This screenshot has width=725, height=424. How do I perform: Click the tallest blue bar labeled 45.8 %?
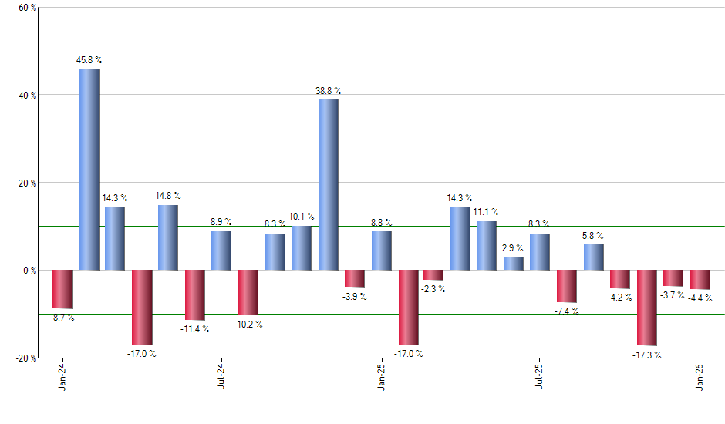pyautogui.click(x=89, y=170)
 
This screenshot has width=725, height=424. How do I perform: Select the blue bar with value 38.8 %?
pyautogui.click(x=329, y=185)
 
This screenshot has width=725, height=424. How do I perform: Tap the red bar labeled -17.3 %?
pyautogui.click(x=647, y=308)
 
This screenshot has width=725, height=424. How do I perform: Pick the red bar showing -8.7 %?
pyautogui.click(x=62, y=289)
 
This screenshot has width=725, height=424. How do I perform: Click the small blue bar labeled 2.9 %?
pyautogui.click(x=514, y=264)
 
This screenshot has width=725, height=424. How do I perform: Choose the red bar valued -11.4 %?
pyautogui.click(x=195, y=295)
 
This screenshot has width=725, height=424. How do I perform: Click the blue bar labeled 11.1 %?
pyautogui.click(x=487, y=246)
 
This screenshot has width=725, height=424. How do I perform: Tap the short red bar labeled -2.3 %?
pyautogui.click(x=433, y=275)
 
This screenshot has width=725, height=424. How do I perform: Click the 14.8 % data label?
pyautogui.click(x=168, y=196)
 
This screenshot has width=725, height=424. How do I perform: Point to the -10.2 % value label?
pyautogui.click(x=248, y=325)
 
